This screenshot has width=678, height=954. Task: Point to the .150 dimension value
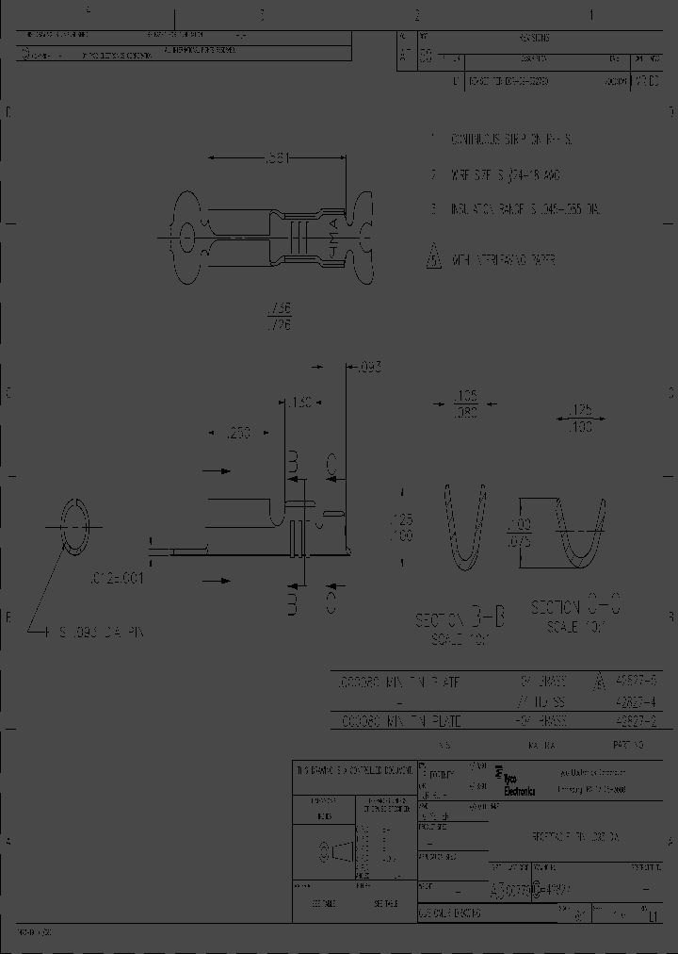(301, 403)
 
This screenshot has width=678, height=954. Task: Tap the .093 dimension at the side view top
(370, 368)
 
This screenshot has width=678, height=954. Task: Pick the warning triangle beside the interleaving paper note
(433, 255)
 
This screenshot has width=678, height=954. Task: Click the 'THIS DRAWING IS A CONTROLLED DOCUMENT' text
(354, 770)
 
